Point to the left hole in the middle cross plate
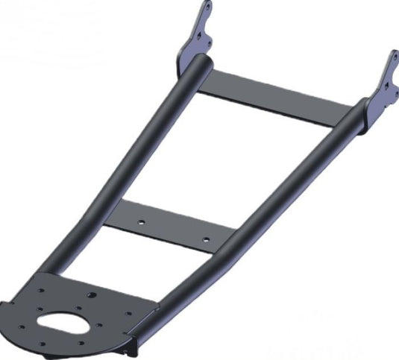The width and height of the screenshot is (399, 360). [x=139, y=221]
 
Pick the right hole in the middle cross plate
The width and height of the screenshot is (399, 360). [x=206, y=239]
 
